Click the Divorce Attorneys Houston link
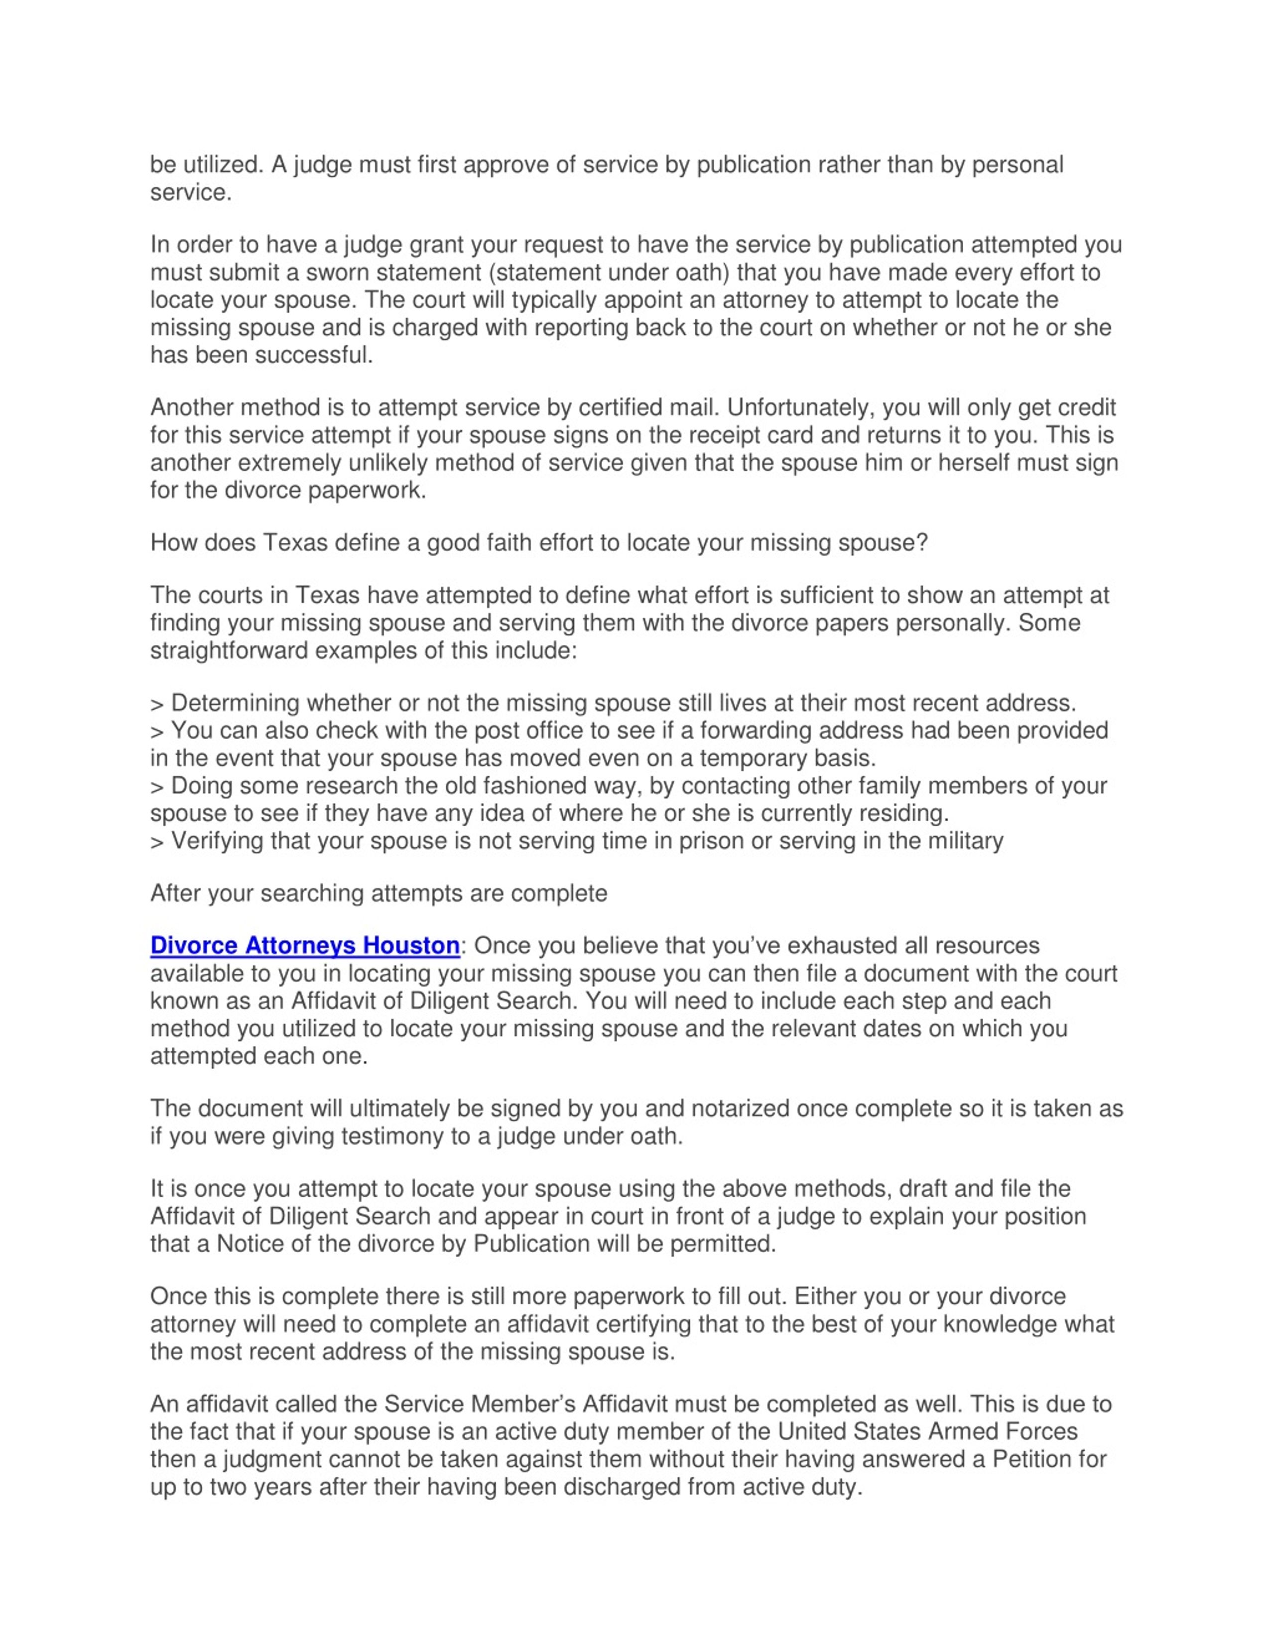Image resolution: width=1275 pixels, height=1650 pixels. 304,945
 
